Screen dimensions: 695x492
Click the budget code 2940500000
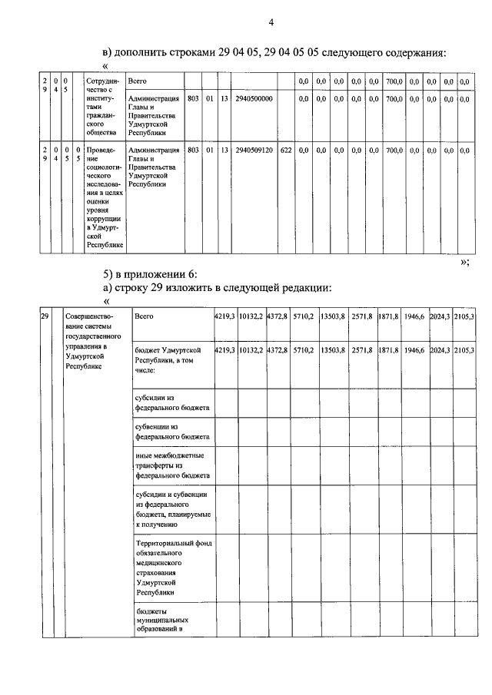(x=254, y=98)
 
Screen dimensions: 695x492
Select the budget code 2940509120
(x=254, y=151)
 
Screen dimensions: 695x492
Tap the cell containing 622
(x=286, y=151)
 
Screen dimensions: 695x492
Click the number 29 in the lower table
(x=45, y=316)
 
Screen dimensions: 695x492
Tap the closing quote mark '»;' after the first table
(x=464, y=261)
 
